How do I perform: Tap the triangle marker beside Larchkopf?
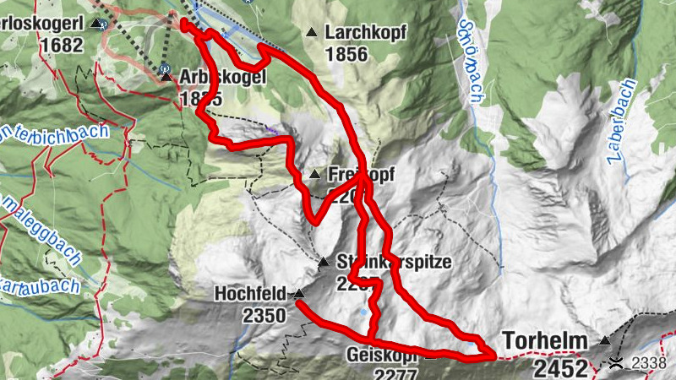[x=312, y=33]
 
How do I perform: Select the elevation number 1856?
[x=346, y=54]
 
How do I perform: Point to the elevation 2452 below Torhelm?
[x=559, y=367]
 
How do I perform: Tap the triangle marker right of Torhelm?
[x=604, y=341]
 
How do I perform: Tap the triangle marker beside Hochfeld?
[x=298, y=294]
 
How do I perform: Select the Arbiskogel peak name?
[x=223, y=77]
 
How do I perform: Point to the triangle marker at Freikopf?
[x=314, y=175]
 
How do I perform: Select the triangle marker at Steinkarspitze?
[x=324, y=263]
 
